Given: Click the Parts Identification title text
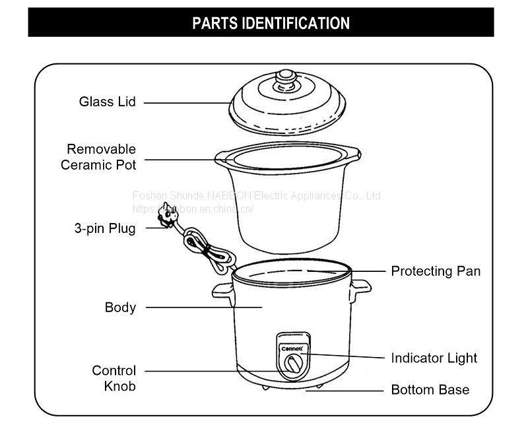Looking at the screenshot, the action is tap(271, 23).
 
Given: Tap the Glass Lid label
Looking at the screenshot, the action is tap(108, 102).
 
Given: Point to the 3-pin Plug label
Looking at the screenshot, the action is tap(105, 229).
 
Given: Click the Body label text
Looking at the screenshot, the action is tap(120, 307).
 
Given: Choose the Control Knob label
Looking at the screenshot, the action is tap(114, 378).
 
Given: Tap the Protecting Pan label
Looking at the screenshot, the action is tap(436, 271).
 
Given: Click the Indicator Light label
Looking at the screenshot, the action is tap(434, 358).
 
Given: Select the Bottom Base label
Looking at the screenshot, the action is tap(430, 389).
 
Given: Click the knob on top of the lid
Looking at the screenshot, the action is tap(284, 79).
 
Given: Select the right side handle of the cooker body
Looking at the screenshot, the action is tap(359, 287).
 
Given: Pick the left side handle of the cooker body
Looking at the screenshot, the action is tap(221, 290).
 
